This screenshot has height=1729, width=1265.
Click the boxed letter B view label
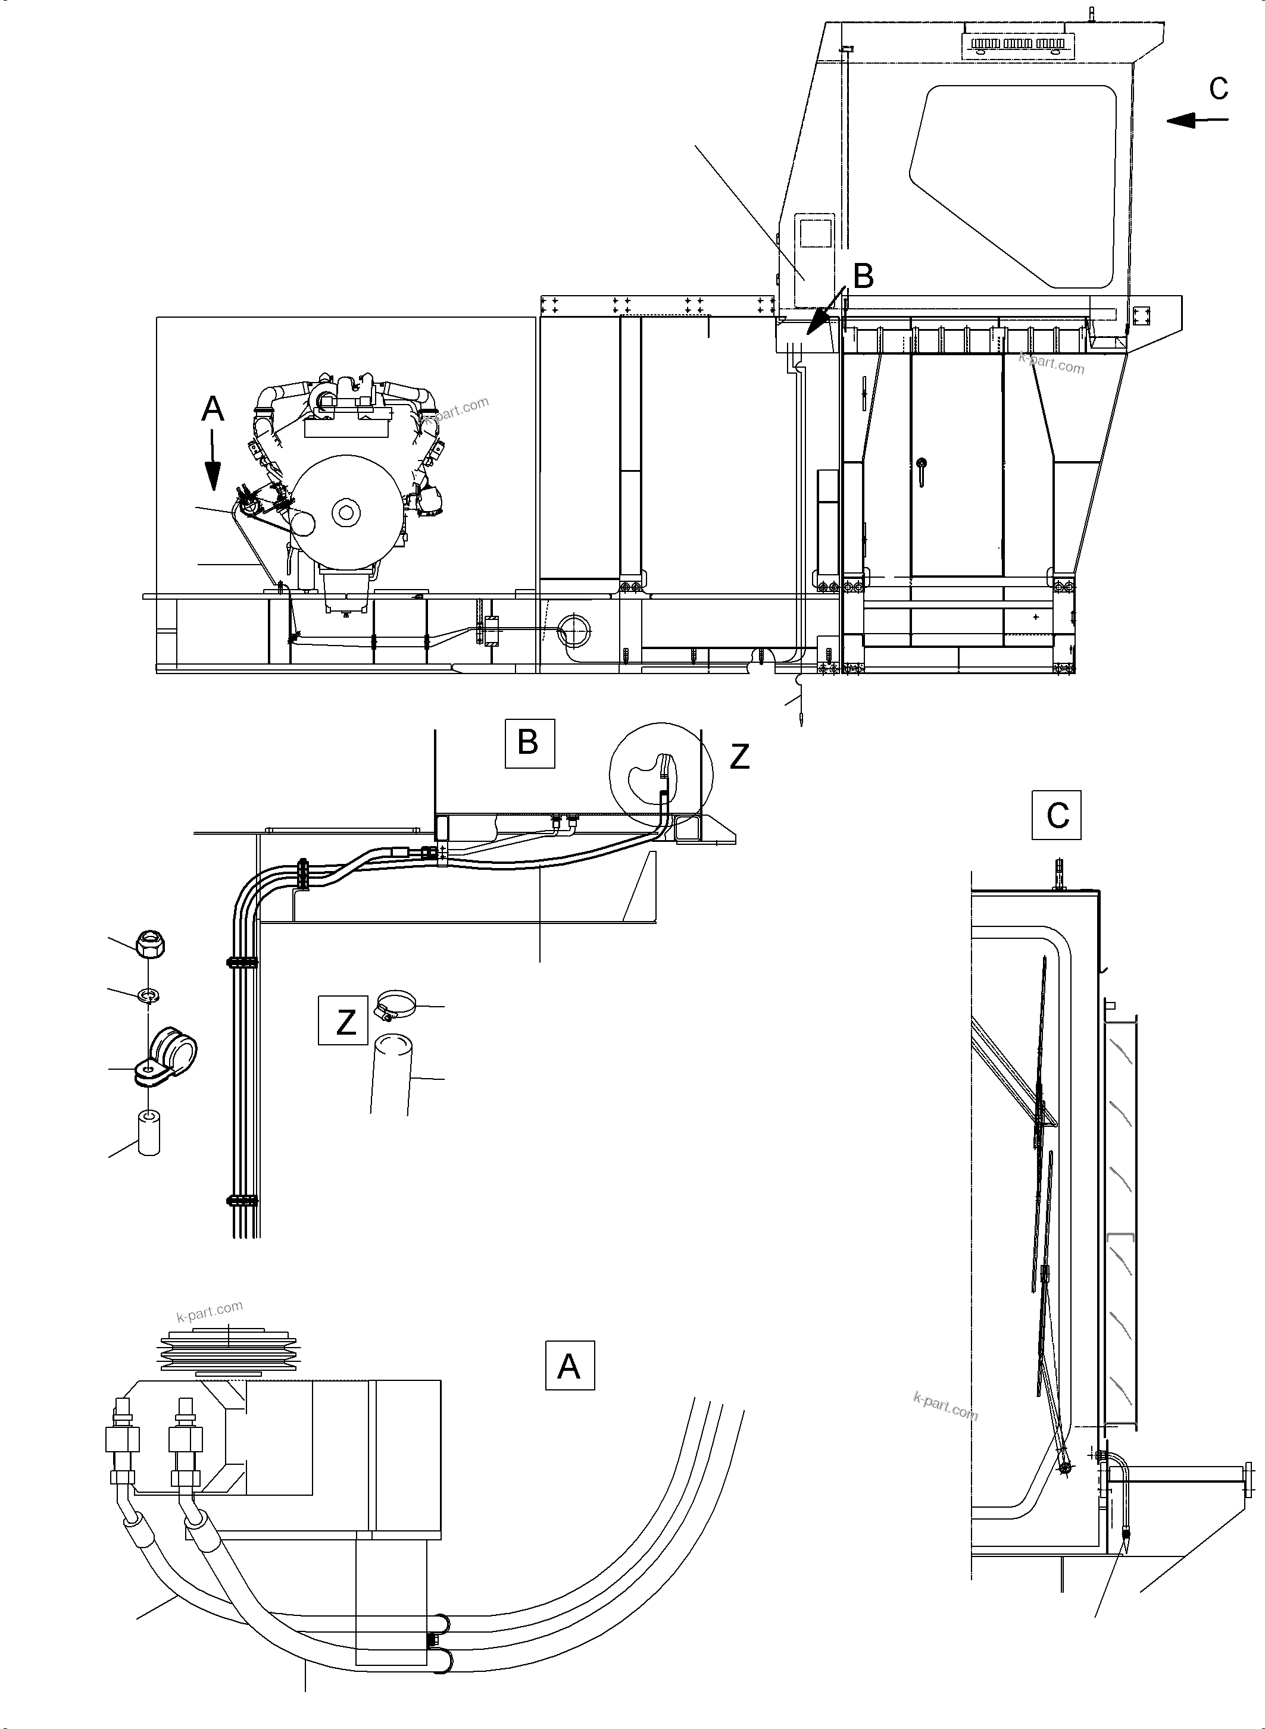(x=529, y=743)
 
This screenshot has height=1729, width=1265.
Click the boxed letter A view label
(x=569, y=1365)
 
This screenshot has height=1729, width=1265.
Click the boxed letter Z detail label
(x=345, y=1021)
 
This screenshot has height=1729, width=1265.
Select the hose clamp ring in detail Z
(x=395, y=1004)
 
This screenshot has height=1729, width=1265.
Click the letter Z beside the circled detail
(x=739, y=756)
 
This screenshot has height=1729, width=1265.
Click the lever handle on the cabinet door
(x=923, y=470)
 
